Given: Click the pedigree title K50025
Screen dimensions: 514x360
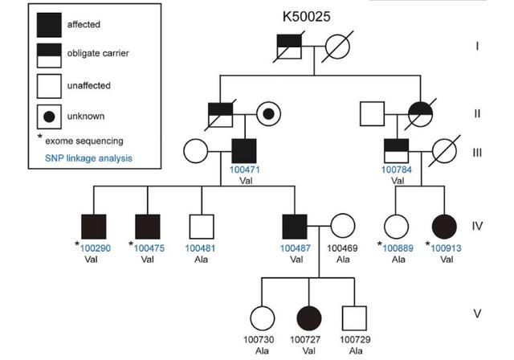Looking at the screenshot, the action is pyautogui.click(x=307, y=16).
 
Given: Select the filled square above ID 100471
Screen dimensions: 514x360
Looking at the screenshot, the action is pyautogui.click(x=244, y=151).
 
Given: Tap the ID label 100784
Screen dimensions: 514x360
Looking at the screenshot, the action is pyautogui.click(x=396, y=170).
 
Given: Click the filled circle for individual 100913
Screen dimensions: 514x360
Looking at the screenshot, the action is pyautogui.click(x=444, y=227).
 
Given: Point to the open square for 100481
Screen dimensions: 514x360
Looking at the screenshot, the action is pyautogui.click(x=202, y=227).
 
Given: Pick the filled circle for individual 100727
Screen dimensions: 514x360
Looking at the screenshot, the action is pyautogui.click(x=308, y=318).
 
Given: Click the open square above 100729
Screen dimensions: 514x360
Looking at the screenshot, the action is pyautogui.click(x=354, y=318).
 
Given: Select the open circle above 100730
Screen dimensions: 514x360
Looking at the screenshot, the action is pyautogui.click(x=263, y=318).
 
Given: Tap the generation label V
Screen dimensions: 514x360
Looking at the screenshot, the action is pyautogui.click(x=477, y=313).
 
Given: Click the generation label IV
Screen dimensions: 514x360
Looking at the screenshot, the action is pyautogui.click(x=477, y=226).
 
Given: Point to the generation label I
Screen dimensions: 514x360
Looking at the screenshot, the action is pyautogui.click(x=477, y=47).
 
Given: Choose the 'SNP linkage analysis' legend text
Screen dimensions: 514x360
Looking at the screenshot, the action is pyautogui.click(x=88, y=158).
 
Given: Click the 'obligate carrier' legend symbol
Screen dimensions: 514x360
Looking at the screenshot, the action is pyautogui.click(x=49, y=55).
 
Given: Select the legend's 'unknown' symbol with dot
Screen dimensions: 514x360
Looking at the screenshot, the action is pyautogui.click(x=49, y=117).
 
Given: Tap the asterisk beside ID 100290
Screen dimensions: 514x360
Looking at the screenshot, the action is pyautogui.click(x=77, y=243).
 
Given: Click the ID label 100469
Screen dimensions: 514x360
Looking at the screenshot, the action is pyautogui.click(x=342, y=248).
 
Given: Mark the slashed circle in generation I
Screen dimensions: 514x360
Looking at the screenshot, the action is pyautogui.click(x=337, y=47).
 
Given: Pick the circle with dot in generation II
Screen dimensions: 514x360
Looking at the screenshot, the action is pyautogui.click(x=268, y=114).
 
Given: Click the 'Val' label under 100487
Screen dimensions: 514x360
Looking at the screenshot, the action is pyautogui.click(x=296, y=260).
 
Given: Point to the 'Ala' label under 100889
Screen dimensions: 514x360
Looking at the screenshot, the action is pyautogui.click(x=398, y=260).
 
